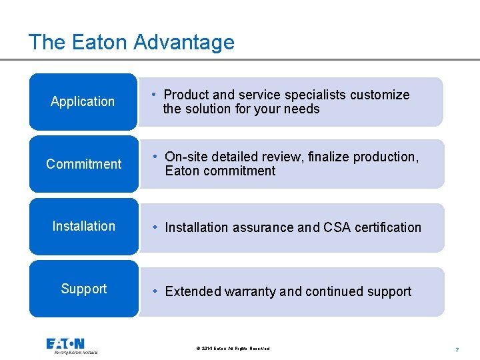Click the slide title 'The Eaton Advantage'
(131, 42)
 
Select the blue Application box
(83, 101)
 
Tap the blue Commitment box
(83, 164)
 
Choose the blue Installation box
(83, 226)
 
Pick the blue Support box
(83, 289)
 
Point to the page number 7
(457, 349)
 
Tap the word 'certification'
(389, 227)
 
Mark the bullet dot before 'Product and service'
(154, 94)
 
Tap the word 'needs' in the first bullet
(302, 109)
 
